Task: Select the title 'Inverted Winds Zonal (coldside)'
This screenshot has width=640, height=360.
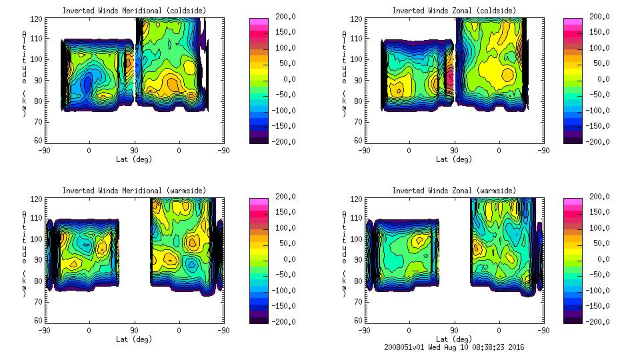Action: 454,11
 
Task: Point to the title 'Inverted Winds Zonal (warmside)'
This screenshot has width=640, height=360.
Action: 454,191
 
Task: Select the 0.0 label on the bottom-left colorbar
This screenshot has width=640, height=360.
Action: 286,259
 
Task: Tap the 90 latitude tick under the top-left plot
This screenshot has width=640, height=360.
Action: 134,151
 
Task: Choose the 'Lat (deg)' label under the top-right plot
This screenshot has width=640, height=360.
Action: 454,159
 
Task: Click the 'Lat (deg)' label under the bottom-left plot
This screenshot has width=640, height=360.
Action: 134,339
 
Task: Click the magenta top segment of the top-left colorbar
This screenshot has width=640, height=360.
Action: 258,22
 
